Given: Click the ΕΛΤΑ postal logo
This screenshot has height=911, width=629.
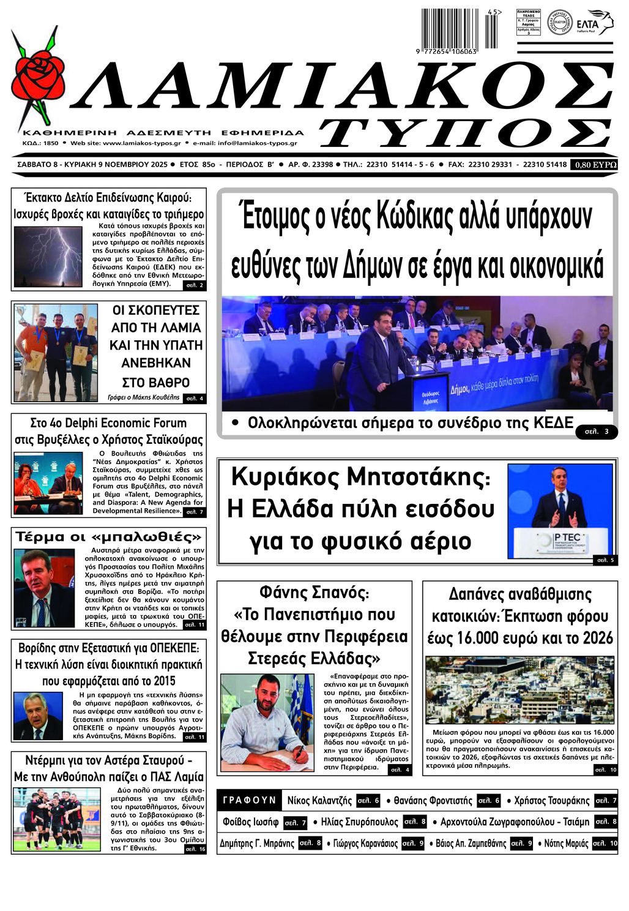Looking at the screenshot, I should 592,23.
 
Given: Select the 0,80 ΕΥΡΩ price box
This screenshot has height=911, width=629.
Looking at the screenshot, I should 594,165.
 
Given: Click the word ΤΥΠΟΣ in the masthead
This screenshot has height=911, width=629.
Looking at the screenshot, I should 465,133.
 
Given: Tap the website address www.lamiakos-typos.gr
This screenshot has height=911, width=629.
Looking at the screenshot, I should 141,143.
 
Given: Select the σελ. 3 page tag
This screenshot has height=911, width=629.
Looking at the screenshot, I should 597,432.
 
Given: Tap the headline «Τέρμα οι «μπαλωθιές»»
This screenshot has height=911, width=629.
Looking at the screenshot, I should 108,538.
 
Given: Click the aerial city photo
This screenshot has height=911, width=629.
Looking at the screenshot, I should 519,690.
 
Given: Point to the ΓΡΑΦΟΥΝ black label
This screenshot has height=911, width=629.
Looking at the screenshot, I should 250,800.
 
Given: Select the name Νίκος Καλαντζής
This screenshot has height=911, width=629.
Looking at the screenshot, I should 319,801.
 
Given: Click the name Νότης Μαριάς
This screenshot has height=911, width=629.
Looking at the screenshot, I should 566,844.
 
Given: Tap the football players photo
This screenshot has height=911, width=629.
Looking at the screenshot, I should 57,819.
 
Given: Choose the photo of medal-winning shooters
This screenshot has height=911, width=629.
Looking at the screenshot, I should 56,352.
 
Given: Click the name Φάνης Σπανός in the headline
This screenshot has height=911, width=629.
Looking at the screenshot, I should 314,593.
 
